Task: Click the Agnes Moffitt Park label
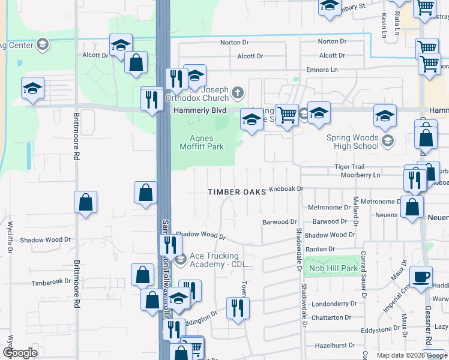[205, 143]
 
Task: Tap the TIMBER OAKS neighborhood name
[237, 192]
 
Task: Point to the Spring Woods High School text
[353, 142]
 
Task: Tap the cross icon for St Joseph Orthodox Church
[238, 93]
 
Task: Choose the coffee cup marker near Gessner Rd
[421, 277]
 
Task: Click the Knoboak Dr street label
[287, 188]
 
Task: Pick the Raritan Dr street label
[319, 248]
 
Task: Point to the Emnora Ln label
[321, 70]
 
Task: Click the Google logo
[20, 353]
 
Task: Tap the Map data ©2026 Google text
[412, 355]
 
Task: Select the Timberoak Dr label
[51, 282]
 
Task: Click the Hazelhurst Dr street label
[328, 346]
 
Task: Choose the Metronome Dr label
[328, 207]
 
